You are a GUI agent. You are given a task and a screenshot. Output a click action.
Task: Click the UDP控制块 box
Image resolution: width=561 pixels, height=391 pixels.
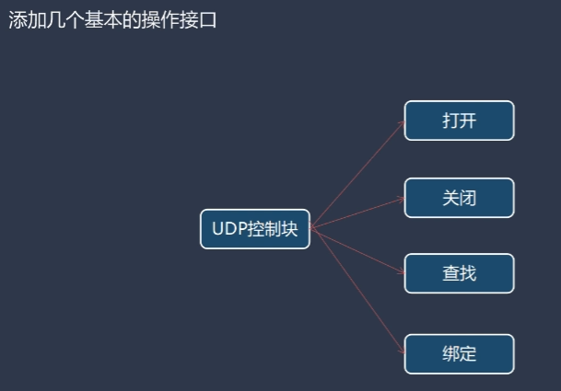255,229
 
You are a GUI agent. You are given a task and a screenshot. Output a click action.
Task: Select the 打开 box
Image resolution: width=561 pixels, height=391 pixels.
459,121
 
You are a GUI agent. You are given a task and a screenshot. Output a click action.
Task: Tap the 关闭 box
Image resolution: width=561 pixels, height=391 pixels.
459,197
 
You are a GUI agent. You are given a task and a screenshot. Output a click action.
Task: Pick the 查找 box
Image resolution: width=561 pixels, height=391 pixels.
459,273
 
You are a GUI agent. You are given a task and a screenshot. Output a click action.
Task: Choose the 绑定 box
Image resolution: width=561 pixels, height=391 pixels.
459,354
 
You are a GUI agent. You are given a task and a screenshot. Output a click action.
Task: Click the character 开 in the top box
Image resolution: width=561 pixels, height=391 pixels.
468,121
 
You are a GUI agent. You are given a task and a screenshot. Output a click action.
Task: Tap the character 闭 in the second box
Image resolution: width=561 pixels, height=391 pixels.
468,197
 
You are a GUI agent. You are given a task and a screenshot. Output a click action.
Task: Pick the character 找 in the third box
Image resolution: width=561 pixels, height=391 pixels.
468,273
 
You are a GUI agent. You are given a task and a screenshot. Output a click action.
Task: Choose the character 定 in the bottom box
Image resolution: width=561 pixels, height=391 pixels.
468,354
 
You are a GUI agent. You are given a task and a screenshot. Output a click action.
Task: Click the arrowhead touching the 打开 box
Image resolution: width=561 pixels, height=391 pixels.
401,123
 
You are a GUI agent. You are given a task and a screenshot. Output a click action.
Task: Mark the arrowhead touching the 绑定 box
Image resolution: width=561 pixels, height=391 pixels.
401,349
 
